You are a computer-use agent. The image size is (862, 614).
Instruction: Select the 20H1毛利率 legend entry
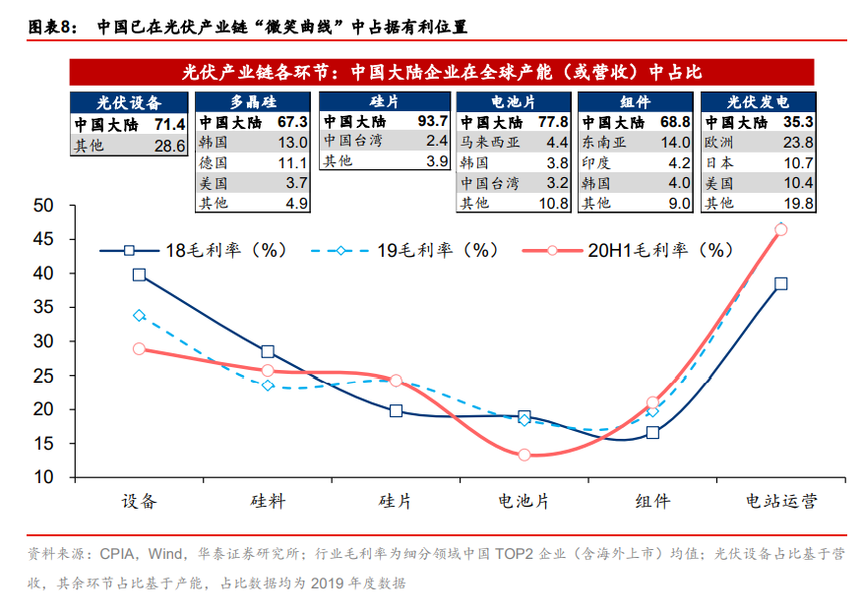pyautogui.click(x=629, y=251)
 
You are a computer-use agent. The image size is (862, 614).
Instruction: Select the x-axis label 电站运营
pyautogui.click(x=781, y=502)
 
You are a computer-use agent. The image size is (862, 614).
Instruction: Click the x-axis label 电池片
pyautogui.click(x=523, y=502)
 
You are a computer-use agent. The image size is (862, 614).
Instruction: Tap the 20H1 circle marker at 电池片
pyautogui.click(x=524, y=456)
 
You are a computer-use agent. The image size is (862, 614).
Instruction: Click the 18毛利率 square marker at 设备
pyautogui.click(x=140, y=276)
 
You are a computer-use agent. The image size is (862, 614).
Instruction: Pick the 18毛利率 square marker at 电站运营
pyautogui.click(x=780, y=283)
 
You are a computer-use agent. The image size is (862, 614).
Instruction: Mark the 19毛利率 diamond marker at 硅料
pyautogui.click(x=268, y=385)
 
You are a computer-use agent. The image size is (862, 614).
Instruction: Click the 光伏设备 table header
pyautogui.click(x=129, y=101)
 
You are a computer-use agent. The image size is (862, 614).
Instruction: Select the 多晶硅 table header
pyautogui.click(x=253, y=101)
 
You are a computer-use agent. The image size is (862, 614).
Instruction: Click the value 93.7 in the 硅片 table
pyautogui.click(x=432, y=122)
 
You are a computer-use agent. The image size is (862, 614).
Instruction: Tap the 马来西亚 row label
pyautogui.click(x=488, y=143)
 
